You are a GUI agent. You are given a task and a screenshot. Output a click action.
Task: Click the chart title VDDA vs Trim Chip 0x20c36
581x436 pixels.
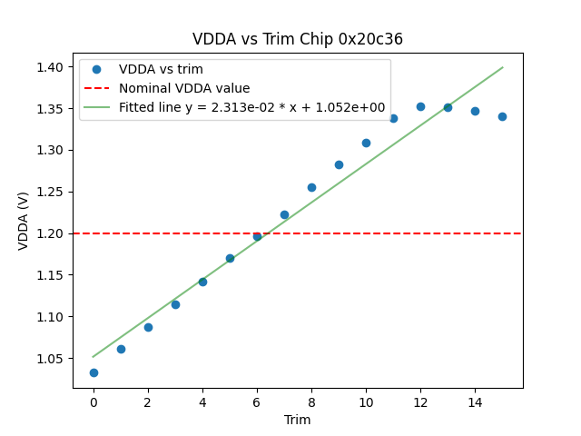tap(298, 39)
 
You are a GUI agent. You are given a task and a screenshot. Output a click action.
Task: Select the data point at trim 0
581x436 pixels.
tap(94, 372)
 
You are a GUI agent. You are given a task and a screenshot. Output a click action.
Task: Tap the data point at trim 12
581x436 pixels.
tap(420, 106)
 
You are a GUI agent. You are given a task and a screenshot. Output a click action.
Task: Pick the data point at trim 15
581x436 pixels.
tap(502, 116)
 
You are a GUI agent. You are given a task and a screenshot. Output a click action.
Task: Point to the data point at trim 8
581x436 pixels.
tap(311, 187)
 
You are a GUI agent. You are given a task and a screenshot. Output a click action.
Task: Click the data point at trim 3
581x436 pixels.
tap(175, 304)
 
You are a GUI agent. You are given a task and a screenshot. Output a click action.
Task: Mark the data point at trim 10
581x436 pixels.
tap(366, 143)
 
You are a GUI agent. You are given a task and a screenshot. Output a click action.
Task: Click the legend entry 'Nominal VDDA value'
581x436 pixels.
tap(184, 88)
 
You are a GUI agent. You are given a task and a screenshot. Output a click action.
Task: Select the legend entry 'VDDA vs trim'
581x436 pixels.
tap(161, 69)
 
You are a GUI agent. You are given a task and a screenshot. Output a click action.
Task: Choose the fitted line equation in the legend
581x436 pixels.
tap(251, 107)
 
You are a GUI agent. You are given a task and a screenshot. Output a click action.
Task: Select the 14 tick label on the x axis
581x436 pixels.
tap(475, 401)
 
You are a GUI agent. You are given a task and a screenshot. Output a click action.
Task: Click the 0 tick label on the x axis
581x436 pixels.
tap(94, 401)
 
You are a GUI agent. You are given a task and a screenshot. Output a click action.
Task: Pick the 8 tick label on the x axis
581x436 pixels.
tap(311, 401)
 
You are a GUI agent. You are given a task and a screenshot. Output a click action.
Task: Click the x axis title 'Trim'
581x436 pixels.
tap(298, 420)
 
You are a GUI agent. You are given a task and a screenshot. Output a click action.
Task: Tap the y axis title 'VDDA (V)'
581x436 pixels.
tap(24, 221)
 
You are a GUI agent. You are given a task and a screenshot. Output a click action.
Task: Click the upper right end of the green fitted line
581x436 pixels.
tap(502, 67)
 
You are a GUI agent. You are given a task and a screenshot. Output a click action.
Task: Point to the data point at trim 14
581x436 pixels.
tap(475, 111)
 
